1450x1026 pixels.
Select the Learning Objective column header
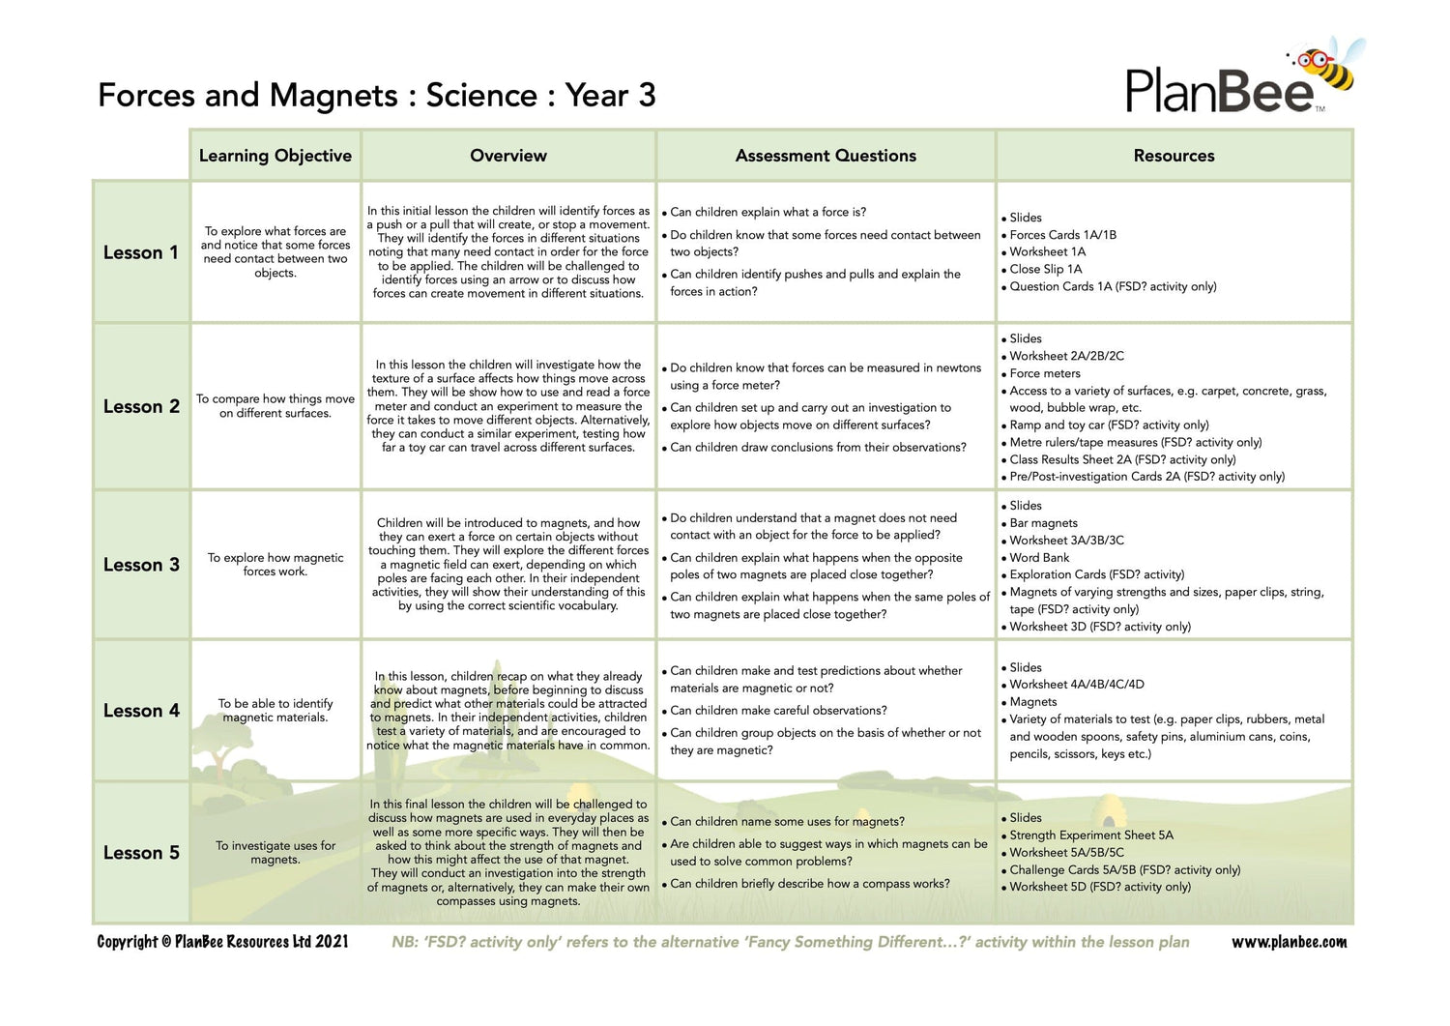pos(275,156)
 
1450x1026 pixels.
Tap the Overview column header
pos(508,156)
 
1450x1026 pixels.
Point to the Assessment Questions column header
pos(826,156)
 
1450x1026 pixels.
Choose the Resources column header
pos(1174,156)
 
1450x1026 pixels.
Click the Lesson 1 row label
pos(141,252)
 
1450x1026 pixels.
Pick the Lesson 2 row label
pos(141,406)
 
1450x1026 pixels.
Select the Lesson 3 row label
pos(141,565)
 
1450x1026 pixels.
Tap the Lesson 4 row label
pos(141,711)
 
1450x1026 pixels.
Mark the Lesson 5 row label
pos(141,853)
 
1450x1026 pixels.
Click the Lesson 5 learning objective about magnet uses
pos(275,852)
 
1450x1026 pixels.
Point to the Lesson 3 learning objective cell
pos(275,565)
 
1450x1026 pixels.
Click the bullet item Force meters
pos(1045,373)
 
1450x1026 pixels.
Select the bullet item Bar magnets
pos(1043,523)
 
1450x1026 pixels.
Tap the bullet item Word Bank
pos(1039,558)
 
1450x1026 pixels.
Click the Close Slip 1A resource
pos(1046,269)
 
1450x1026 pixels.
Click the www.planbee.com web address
pos(1289,942)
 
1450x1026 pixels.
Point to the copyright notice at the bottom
pos(222,942)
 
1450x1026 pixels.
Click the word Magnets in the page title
pos(333,96)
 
